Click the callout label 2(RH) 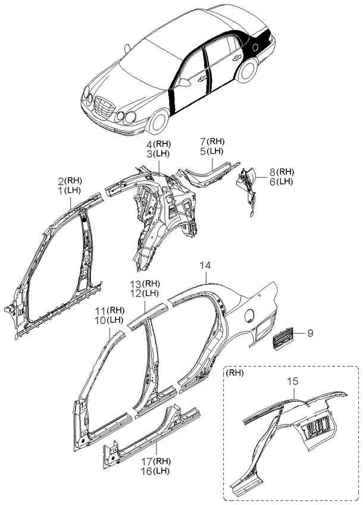click(x=70, y=180)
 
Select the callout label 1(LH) click(x=70, y=190)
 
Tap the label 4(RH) click(x=159, y=145)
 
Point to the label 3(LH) click(x=159, y=154)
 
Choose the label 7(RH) click(x=212, y=141)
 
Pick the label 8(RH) click(x=281, y=172)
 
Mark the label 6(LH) click(x=281, y=182)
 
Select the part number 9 click(x=310, y=334)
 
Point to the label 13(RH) click(x=145, y=283)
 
